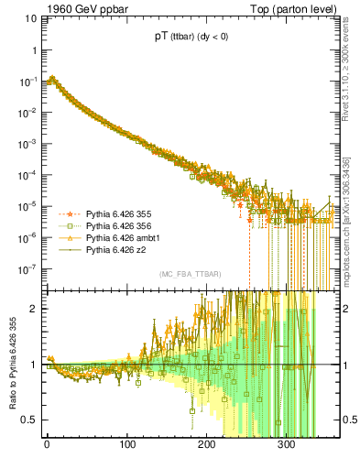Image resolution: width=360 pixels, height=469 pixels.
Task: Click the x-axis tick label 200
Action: (x=206, y=447)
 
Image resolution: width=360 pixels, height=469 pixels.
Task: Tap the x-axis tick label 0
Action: (x=47, y=447)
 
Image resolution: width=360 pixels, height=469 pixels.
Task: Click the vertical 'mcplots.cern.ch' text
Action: (x=352, y=220)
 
